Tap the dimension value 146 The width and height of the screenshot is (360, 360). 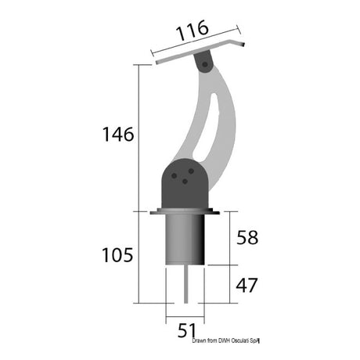[117, 134]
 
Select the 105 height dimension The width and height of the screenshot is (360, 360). [117, 254]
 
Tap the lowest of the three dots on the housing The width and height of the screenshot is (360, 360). [185, 182]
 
